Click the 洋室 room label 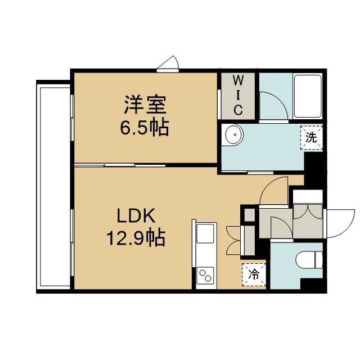coord(145,105)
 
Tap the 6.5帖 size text coord(145,127)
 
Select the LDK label coord(136,215)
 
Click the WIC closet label coord(238,96)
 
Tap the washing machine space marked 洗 coord(311,138)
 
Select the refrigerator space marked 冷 coord(254,274)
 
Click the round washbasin coord(234,135)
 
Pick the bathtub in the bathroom coord(308,96)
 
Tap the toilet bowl coord(309,260)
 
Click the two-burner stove coord(205,275)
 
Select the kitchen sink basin coord(205,233)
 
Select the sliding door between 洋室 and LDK coord(120,165)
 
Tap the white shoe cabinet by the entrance coord(308,196)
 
